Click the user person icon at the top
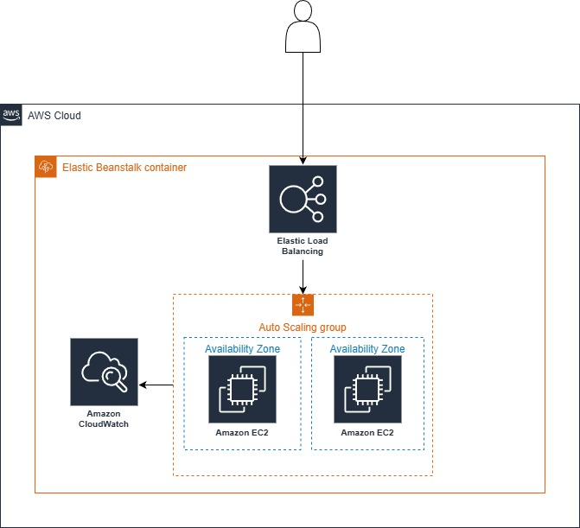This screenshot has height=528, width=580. point(302,25)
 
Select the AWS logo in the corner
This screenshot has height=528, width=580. point(11,115)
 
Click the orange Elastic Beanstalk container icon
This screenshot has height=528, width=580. point(45,167)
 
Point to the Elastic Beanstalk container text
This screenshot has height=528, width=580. point(124,167)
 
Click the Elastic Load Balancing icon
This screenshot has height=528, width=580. point(303,199)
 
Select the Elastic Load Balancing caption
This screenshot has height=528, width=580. point(303,245)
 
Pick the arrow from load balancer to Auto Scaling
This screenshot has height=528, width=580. point(303,277)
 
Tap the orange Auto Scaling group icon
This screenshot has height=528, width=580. point(303,305)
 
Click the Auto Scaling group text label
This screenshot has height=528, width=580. point(303,328)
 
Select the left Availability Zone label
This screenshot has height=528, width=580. point(242,349)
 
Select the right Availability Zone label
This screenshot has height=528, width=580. point(367,349)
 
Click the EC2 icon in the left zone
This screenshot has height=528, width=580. point(242,389)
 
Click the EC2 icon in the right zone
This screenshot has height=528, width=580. point(367,389)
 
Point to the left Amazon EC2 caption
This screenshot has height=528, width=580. point(242,432)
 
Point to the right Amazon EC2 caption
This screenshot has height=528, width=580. point(367,432)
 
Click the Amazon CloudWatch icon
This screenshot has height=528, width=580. point(104,372)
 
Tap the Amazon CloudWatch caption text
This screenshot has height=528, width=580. point(104,419)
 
